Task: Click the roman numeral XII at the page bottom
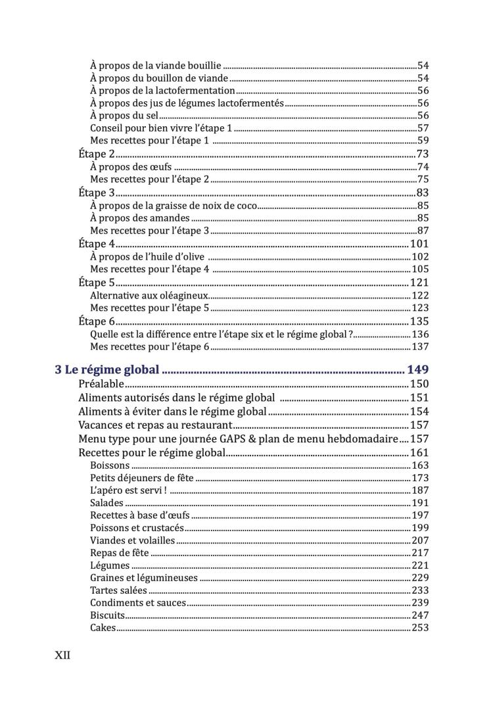62,655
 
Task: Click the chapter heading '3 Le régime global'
107,369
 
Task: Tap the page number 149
418,369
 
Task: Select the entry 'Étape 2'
97,154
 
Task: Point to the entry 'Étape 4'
97,244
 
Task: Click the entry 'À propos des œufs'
131,167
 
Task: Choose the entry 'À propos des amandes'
139,218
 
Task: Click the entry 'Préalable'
101,384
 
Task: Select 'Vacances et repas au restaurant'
155,425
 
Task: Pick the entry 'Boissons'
110,465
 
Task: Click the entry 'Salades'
106,503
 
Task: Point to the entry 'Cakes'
103,628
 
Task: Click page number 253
420,628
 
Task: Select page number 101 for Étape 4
419,244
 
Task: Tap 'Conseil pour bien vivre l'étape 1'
161,128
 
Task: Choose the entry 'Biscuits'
107,615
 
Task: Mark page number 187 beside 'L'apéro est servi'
420,490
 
